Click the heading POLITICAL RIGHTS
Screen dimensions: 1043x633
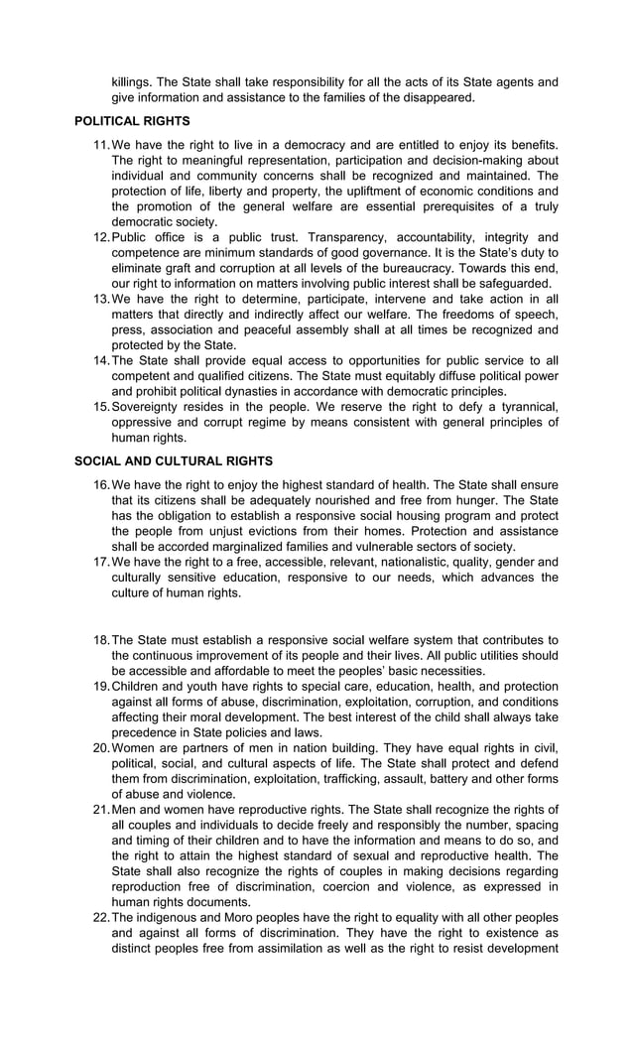tap(132, 121)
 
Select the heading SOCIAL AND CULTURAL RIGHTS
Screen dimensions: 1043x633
tap(174, 461)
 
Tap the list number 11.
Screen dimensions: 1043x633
tap(100, 145)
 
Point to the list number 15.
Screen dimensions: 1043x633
tap(100, 407)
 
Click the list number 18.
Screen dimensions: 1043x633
tap(100, 640)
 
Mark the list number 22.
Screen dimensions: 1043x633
tap(100, 918)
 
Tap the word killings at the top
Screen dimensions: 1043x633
tap(134, 82)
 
